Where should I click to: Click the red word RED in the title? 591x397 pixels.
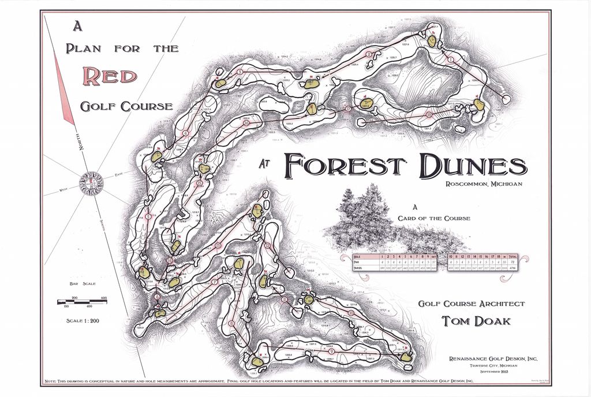pyautogui.click(x=110, y=76)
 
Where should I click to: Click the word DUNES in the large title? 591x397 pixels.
pyautogui.click(x=473, y=166)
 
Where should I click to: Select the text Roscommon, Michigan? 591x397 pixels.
pyautogui.click(x=484, y=184)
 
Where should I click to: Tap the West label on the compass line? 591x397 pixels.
pyautogui.click(x=64, y=190)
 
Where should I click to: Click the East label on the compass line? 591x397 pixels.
pyautogui.click(x=118, y=174)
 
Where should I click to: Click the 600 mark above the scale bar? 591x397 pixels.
pyautogui.click(x=104, y=298)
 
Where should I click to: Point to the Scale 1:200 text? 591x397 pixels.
pyautogui.click(x=83, y=321)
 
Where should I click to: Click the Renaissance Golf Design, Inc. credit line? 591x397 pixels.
pyautogui.click(x=493, y=359)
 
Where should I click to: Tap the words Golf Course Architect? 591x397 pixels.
pyautogui.click(x=472, y=304)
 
